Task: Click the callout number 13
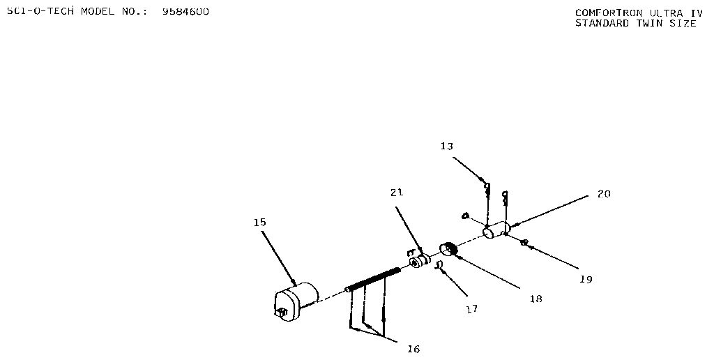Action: coord(447,147)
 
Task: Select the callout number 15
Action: coord(260,223)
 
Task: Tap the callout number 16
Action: coord(413,349)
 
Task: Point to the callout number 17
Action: coord(472,309)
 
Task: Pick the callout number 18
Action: coord(536,299)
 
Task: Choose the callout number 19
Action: coord(586,279)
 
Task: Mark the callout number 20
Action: coord(605,194)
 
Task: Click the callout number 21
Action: coord(397,193)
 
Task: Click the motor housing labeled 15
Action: coord(296,301)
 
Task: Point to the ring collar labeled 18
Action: coord(448,249)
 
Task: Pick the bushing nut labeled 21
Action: coord(420,262)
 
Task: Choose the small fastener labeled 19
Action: coord(524,242)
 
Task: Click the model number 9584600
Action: coord(185,12)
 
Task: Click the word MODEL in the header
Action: coord(98,12)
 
